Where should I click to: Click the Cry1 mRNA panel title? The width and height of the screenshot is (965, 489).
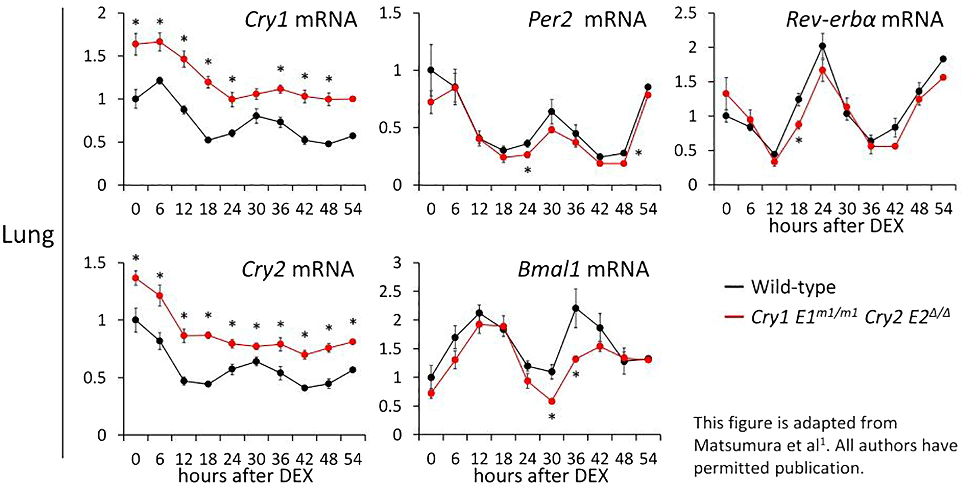(x=301, y=20)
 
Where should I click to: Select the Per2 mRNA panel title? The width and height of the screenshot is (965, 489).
(x=587, y=20)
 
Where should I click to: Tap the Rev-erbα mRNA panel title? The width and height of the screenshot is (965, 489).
(x=864, y=20)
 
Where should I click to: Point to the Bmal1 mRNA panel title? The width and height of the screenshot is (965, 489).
(x=583, y=270)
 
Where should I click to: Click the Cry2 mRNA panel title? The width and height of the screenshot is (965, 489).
(x=298, y=270)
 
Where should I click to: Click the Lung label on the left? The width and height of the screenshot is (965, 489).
(x=28, y=236)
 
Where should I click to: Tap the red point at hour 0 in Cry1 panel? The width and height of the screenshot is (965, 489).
(x=136, y=44)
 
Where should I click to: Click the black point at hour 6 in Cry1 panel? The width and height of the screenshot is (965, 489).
(x=160, y=80)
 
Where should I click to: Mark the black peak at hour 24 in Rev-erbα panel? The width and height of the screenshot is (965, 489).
(x=823, y=46)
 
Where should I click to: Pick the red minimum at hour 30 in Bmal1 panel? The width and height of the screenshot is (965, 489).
(x=552, y=401)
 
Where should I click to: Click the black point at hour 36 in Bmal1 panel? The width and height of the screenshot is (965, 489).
(x=576, y=308)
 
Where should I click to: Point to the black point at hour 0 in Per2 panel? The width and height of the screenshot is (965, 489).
(x=431, y=70)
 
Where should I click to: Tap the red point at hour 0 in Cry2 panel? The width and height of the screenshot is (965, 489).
(x=136, y=278)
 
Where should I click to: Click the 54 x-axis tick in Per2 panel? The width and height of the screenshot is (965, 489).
(x=648, y=210)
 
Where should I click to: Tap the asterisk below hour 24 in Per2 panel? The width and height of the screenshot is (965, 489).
(x=528, y=171)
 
